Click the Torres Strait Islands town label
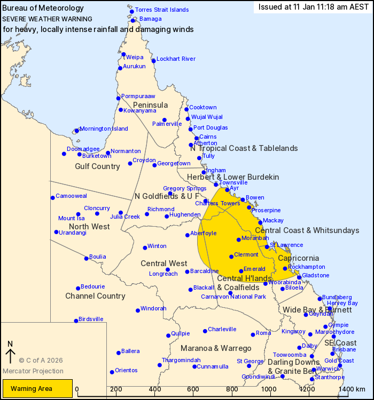161,10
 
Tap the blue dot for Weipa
123,54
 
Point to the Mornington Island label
105,129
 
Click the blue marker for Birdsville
76,321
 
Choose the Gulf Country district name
98,166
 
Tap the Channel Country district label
95,296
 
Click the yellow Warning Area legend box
37,388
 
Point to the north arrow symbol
10,353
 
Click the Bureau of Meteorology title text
43,8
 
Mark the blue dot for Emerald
241,271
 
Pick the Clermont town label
246,254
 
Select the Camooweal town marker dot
52,198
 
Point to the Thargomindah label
181,360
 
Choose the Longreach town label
163,274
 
